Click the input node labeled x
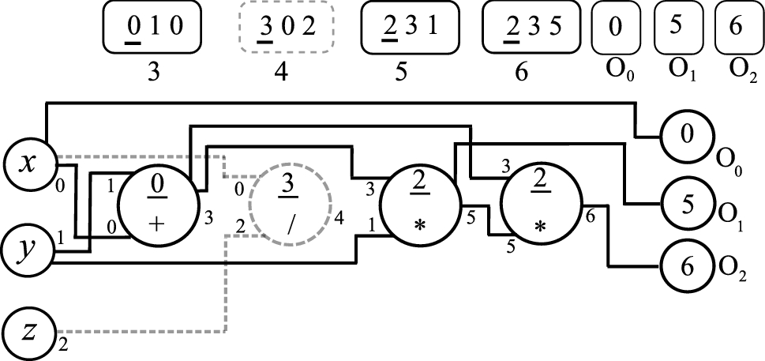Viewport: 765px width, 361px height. (28, 164)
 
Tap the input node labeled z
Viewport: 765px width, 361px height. (28, 332)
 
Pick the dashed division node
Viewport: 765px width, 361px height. (289, 204)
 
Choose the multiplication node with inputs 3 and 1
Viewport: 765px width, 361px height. (418, 204)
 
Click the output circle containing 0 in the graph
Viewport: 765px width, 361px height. (686, 136)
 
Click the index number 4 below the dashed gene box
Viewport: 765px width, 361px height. (280, 73)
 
